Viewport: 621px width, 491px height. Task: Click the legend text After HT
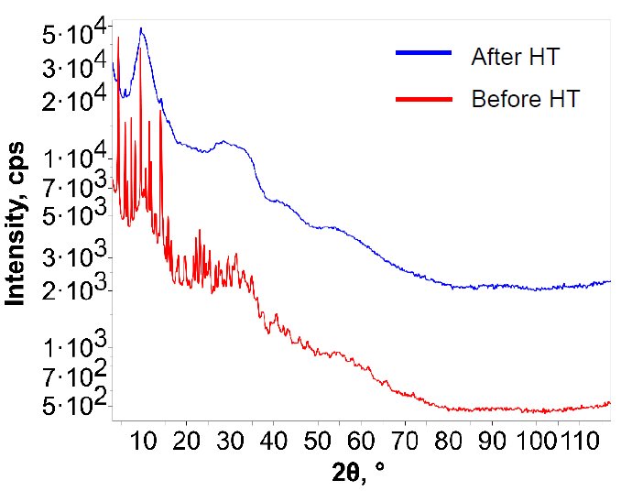[515, 57]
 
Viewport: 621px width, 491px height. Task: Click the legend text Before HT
[525, 99]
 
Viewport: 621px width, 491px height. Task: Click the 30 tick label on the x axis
[230, 441]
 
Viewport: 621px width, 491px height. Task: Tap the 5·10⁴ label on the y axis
[75, 37]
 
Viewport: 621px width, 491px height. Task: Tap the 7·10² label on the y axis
[75, 376]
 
